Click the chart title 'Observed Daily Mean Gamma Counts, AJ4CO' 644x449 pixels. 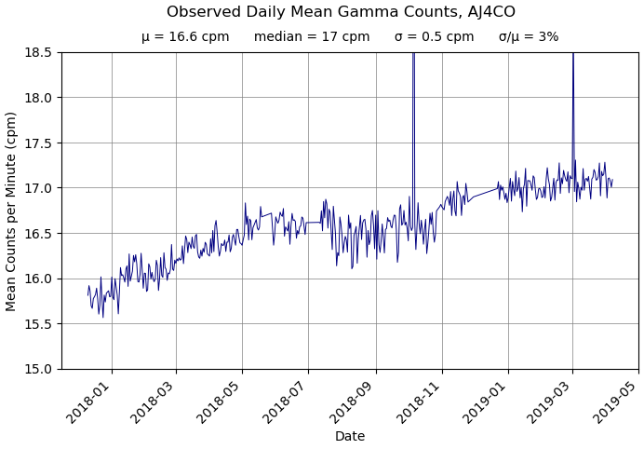(x=341, y=12)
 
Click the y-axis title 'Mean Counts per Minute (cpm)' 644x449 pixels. (x=12, y=211)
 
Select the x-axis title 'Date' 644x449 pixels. (x=350, y=436)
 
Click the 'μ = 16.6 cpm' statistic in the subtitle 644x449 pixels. (x=185, y=37)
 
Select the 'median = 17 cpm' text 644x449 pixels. (x=312, y=37)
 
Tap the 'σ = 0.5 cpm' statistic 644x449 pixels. (x=434, y=37)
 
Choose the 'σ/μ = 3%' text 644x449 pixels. (x=529, y=37)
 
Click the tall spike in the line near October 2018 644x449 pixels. (x=413, y=93)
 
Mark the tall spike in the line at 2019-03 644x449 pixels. (x=573, y=93)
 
